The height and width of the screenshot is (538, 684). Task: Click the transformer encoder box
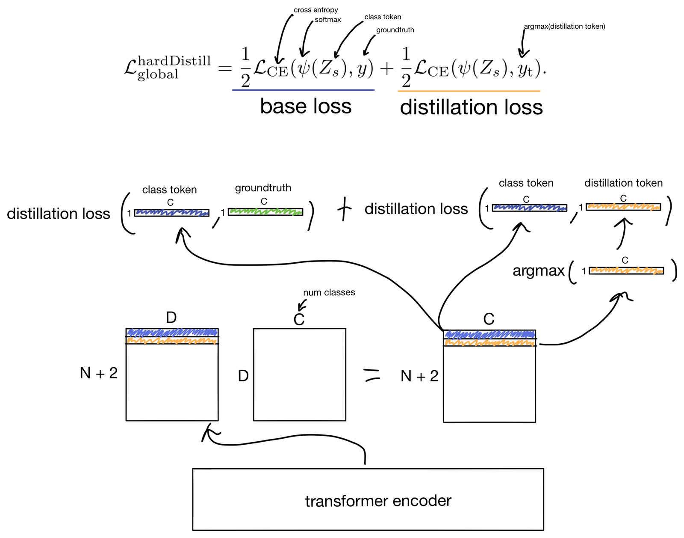pos(368,499)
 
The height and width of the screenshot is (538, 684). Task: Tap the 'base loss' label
pos(306,106)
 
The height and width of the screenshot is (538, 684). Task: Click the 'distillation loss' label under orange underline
pos(471,107)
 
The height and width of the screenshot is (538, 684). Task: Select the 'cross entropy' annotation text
pos(315,10)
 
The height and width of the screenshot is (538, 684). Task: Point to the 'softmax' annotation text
pos(328,20)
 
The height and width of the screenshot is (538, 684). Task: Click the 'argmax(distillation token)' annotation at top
pos(564,27)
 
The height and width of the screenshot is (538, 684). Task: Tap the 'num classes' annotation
pos(329,292)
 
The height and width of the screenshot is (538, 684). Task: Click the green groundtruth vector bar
pos(265,211)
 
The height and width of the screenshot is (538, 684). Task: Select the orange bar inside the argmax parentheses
pos(626,270)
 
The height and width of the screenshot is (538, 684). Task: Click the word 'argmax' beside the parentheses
pos(539,271)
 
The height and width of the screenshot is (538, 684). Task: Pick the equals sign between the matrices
pos(371,375)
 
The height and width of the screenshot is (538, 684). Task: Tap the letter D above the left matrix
pos(171,318)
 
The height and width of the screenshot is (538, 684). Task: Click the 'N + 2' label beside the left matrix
pos(98,373)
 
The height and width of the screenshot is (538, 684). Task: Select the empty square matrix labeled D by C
pos(299,375)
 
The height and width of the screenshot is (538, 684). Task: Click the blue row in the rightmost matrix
pos(489,334)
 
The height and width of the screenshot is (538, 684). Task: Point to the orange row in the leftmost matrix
pos(172,341)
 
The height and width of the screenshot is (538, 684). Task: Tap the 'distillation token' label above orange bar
pos(623,183)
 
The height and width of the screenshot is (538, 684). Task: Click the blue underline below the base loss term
pos(303,90)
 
